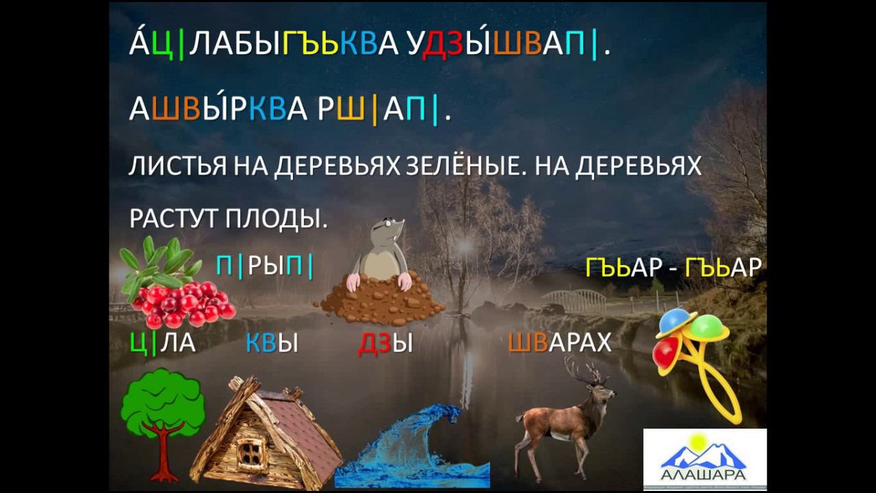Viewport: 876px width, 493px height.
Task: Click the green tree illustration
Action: [162, 407]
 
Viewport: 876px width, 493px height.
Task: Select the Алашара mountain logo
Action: [704, 459]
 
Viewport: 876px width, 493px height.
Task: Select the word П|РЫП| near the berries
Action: [265, 266]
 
